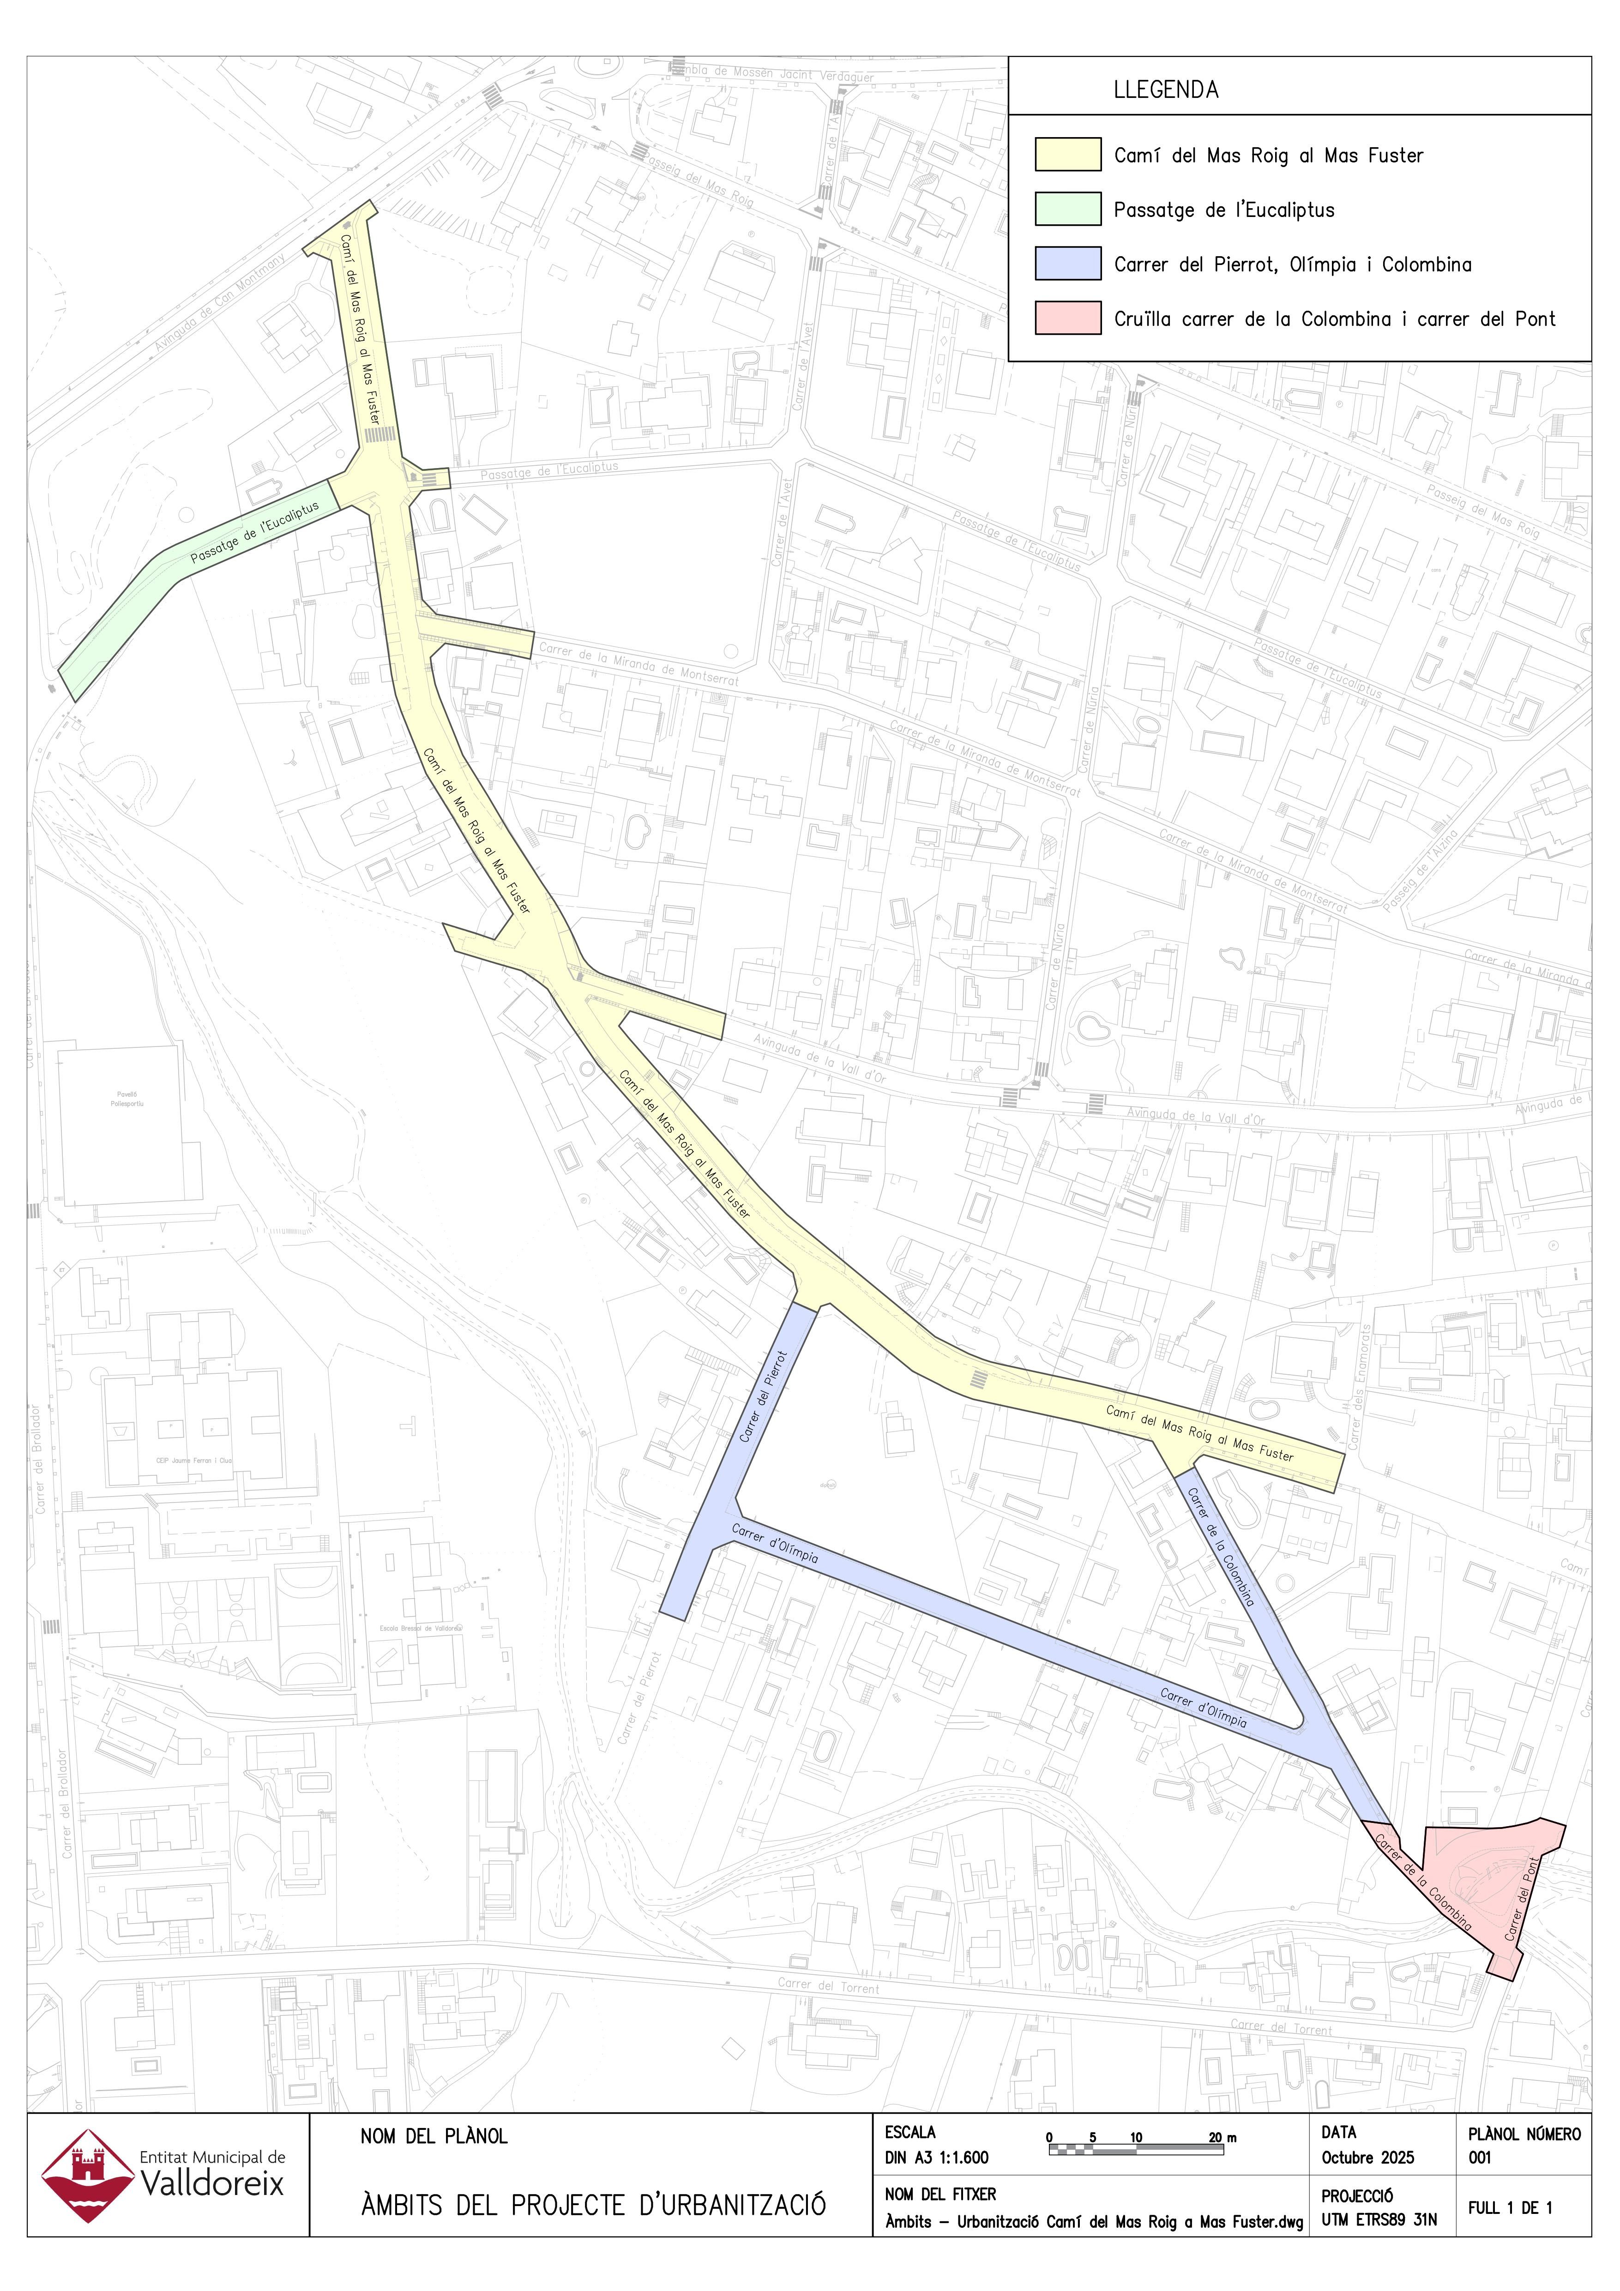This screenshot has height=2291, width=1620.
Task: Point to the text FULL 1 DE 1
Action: (x=1509, y=2208)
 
